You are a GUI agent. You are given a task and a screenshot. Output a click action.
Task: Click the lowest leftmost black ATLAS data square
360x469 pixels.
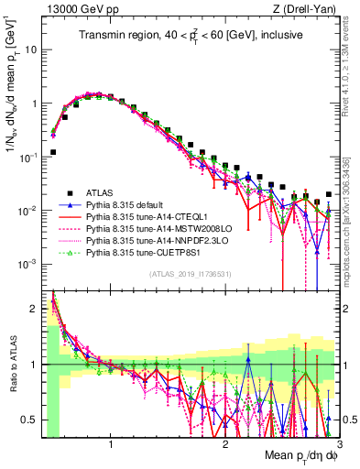point(53,152)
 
